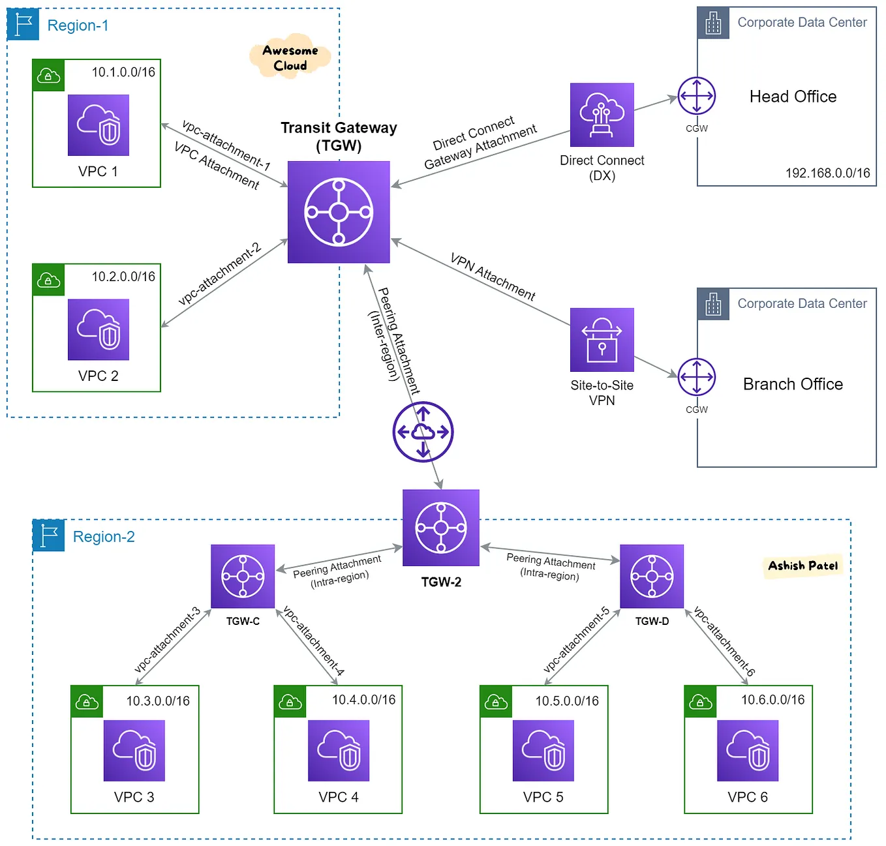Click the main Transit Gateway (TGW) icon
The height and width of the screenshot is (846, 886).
click(339, 212)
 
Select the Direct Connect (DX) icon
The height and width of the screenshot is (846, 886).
click(602, 115)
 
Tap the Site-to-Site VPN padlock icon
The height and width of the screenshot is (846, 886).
click(602, 340)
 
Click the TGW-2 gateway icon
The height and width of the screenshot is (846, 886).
click(441, 528)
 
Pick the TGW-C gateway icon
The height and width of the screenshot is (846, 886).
click(243, 577)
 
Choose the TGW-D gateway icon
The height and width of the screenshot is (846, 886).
click(652, 577)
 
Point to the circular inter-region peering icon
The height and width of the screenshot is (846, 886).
click(423, 432)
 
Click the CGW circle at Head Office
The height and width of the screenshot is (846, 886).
click(697, 96)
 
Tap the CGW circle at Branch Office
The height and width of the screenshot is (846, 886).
click(697, 377)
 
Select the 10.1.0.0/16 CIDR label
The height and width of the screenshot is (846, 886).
click(123, 72)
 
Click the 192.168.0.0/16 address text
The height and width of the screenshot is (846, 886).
click(827, 173)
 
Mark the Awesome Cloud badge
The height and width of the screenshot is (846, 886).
click(290, 58)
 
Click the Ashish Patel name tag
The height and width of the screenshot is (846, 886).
click(802, 566)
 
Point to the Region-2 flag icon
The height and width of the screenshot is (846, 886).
click(49, 536)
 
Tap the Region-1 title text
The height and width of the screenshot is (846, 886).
click(78, 25)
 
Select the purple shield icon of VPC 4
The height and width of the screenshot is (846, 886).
click(339, 751)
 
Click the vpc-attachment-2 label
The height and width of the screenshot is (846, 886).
click(219, 274)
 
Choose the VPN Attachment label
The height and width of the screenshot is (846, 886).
click(493, 277)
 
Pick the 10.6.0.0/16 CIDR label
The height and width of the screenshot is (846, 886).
click(772, 700)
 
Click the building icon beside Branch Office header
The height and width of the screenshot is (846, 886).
click(713, 304)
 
